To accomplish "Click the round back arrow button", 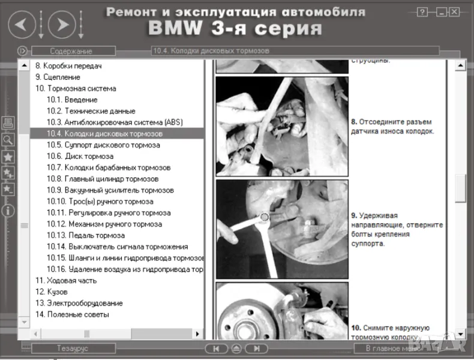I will pos(21,25).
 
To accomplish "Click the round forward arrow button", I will pos(58,25).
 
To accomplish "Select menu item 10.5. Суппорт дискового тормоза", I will pos(103,145).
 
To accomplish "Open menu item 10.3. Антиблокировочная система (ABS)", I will pos(115,122).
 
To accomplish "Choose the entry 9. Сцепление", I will pos(58,77).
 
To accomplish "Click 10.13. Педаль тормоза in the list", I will pos(86,236).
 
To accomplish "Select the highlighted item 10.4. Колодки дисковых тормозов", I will pos(104,134).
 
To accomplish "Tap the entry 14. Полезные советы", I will pos(72,314).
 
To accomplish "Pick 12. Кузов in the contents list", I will pos(50,292).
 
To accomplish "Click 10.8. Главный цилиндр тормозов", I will pos(103,179).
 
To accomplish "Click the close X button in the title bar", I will pos(454,11).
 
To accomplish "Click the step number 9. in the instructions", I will pos(355,215).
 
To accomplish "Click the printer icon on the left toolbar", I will pos(8,124).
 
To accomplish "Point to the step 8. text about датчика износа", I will pos(392,126).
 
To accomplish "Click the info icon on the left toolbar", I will pos(8,211).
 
